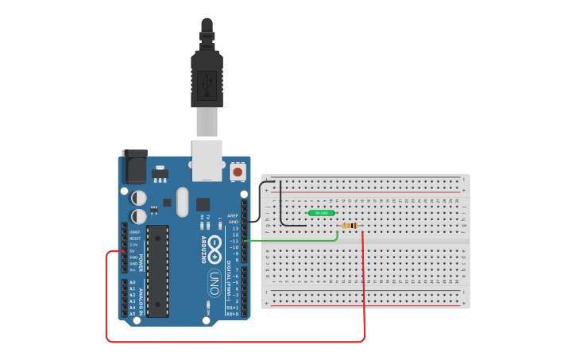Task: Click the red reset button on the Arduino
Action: pos(238,171)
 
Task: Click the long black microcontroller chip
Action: pos(157,271)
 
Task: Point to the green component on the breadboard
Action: pos(322,213)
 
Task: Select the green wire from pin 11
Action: pos(294,240)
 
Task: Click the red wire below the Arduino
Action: pos(238,342)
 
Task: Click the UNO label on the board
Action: pos(214,282)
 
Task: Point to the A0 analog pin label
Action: pos(132,282)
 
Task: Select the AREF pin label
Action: pos(233,215)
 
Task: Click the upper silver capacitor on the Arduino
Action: pos(139,197)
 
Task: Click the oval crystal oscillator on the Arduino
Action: pos(183,202)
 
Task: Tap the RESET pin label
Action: pos(134,238)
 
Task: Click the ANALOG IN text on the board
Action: pos(141,301)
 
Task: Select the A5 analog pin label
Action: pos(132,314)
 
